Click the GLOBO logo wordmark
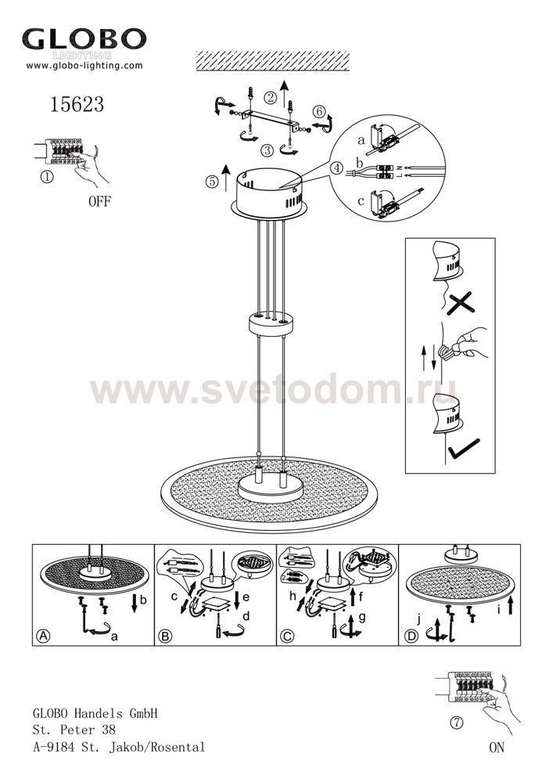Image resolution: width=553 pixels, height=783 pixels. pos(84,39)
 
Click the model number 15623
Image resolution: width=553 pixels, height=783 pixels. pos(77,104)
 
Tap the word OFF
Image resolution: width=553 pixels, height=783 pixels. pos(100,202)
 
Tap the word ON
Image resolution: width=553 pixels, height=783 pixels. pos(497,748)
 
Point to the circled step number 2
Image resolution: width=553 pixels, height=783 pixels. pos(271,97)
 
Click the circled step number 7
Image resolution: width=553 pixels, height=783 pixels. pos(458,723)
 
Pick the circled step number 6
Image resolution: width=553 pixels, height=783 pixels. pos(320,111)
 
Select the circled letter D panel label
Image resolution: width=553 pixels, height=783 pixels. pos(411,637)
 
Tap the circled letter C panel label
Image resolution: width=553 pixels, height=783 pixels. pos(287,636)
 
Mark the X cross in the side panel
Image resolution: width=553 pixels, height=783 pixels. pos(460,304)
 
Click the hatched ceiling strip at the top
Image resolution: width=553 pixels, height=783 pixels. pos(273,61)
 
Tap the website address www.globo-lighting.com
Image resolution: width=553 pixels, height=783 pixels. pos(84,66)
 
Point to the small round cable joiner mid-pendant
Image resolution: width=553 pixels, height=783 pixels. pos(271,325)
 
